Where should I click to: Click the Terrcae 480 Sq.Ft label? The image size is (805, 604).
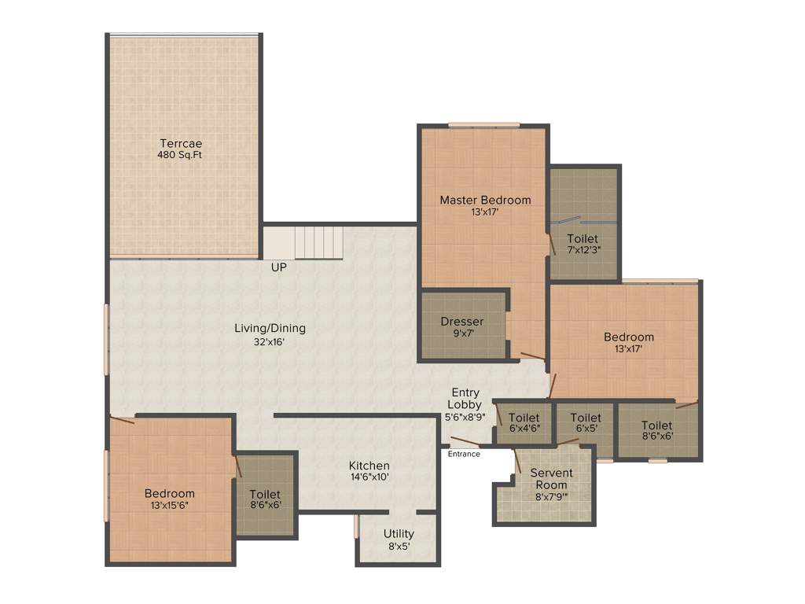click(x=181, y=149)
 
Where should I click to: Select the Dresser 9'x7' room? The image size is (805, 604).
click(x=462, y=326)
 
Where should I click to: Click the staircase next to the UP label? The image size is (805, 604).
click(x=318, y=242)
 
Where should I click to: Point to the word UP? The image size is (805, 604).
click(x=279, y=267)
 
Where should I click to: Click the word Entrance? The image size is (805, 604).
click(x=464, y=454)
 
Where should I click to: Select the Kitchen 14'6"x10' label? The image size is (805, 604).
click(x=369, y=471)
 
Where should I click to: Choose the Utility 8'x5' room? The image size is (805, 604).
click(x=399, y=540)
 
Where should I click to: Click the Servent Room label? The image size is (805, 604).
click(x=551, y=479)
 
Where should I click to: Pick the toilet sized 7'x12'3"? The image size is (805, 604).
click(x=583, y=244)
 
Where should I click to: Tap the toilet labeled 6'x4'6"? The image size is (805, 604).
click(x=524, y=423)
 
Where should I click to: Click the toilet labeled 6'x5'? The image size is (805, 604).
click(x=586, y=423)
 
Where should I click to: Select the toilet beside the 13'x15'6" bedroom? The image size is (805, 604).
click(x=265, y=499)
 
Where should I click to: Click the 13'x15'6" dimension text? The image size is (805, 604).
click(x=169, y=506)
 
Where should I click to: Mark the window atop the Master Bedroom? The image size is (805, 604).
click(x=483, y=124)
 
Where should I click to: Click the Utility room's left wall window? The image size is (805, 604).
click(x=356, y=526)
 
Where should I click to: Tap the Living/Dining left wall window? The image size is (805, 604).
click(x=106, y=340)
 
